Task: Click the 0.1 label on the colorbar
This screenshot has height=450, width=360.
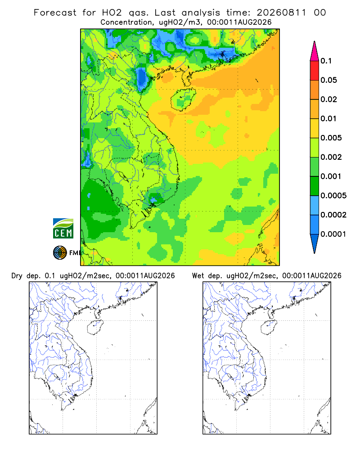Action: click(x=326, y=61)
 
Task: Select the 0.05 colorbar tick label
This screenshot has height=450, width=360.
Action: click(x=328, y=80)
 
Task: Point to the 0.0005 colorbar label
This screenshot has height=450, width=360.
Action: click(x=333, y=196)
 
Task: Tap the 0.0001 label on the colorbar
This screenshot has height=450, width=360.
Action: click(x=333, y=234)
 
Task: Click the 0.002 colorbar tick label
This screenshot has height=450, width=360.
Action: click(x=331, y=157)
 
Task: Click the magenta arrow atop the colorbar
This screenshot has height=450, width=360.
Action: click(x=315, y=51)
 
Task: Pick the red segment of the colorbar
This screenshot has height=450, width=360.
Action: click(x=315, y=71)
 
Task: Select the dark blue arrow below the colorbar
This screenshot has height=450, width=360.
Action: click(x=315, y=243)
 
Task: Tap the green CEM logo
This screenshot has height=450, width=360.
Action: click(x=63, y=229)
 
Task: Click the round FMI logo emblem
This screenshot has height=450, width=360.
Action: click(x=60, y=253)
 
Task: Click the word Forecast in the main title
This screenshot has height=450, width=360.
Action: click(x=55, y=13)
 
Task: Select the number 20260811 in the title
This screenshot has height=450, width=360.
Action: click(x=281, y=13)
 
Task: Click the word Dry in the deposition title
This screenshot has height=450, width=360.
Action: click(x=17, y=276)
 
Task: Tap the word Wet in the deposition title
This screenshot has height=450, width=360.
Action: click(x=198, y=276)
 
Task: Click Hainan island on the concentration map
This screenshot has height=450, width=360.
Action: click(x=183, y=99)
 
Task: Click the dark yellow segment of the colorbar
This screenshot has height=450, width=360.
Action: click(x=315, y=109)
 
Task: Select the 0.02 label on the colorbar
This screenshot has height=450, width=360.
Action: click(x=328, y=99)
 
